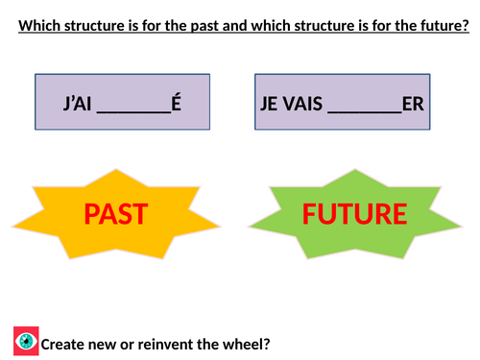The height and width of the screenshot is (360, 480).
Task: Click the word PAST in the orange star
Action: tap(114, 213)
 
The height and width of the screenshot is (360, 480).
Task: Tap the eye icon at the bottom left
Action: tap(27, 341)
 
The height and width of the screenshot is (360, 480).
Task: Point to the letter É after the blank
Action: tap(176, 102)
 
